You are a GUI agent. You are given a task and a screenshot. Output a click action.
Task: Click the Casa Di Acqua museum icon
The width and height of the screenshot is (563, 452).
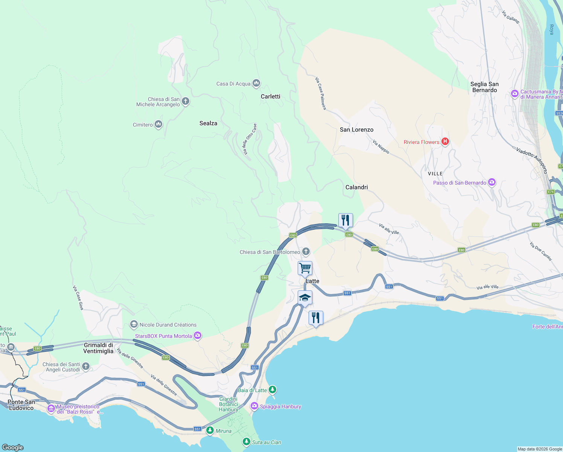tap(256, 83)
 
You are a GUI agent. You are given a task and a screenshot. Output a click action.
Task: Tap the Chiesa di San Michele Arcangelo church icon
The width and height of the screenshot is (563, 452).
tap(185, 101)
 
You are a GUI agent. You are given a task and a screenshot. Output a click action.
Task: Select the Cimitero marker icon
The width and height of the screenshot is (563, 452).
tap(158, 124)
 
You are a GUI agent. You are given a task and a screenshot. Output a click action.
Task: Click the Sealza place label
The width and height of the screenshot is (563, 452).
tap(208, 123)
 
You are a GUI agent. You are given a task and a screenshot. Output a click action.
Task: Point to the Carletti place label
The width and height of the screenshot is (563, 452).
tap(271, 96)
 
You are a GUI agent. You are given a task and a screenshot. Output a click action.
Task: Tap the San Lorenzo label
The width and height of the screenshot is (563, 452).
tap(356, 130)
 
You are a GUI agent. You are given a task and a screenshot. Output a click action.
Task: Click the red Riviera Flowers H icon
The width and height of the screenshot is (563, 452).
tap(445, 142)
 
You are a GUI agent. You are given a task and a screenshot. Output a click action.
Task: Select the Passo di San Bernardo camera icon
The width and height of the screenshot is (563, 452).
tap(492, 182)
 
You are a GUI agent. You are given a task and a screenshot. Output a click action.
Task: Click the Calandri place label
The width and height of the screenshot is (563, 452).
tap(356, 187)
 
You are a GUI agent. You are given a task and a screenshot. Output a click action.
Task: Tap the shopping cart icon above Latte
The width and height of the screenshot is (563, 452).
tap(305, 268)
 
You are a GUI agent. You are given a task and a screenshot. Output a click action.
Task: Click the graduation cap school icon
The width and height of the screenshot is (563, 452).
tap(305, 298)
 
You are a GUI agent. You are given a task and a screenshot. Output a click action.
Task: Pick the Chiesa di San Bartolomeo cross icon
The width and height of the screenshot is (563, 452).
tap(306, 252)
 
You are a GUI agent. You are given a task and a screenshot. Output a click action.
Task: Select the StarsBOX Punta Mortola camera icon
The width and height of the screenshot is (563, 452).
tap(198, 336)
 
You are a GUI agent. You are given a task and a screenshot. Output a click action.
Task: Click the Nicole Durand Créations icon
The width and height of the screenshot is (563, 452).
tap(134, 324)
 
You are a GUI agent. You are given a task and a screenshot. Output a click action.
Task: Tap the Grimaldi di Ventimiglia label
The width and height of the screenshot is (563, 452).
tap(98, 348)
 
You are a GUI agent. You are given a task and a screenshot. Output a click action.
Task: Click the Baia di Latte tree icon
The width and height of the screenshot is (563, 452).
tap(272, 389)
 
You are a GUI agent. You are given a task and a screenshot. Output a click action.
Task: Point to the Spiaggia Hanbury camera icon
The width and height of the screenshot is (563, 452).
tap(254, 406)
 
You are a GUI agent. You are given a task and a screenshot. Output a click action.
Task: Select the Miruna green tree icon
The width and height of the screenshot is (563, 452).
tap(210, 431)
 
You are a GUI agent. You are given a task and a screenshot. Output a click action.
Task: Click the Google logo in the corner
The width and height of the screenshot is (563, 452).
tap(13, 447)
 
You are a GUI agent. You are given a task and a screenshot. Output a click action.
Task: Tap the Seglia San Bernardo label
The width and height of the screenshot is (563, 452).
tap(484, 87)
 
